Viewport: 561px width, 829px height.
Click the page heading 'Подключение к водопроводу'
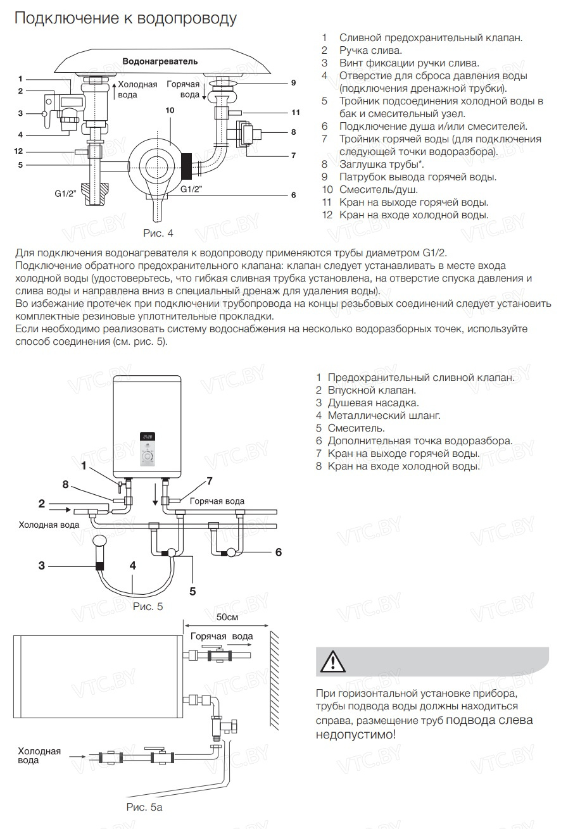125,18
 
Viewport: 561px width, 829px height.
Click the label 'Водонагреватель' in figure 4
160,61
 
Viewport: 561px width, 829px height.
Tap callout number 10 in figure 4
169,109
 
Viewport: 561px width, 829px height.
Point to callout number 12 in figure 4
19,151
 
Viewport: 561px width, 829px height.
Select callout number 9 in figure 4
293,83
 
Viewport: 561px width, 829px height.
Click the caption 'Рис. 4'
158,234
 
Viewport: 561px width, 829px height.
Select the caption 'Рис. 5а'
144,807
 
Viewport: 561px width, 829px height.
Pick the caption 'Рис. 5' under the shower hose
148,606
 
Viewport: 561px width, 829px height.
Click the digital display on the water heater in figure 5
148,437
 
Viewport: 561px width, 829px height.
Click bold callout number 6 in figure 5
278,552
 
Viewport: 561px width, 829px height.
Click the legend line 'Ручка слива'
370,50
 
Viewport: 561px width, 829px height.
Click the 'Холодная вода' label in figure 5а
39,756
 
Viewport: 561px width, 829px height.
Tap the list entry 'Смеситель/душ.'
378,190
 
